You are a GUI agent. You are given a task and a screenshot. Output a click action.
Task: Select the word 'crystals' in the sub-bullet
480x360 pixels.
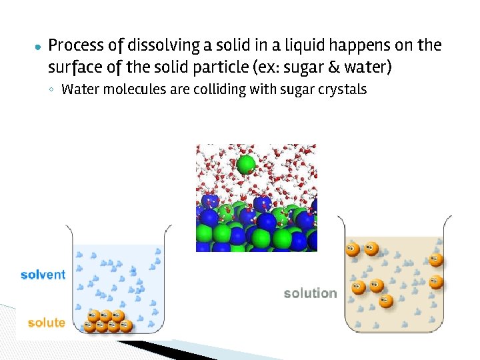tap(339, 89)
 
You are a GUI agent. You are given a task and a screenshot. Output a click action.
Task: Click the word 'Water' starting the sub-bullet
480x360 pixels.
tap(79, 89)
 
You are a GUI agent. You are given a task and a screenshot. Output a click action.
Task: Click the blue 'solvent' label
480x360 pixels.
tap(43, 275)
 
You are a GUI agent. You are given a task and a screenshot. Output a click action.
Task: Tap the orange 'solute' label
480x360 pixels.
tap(46, 323)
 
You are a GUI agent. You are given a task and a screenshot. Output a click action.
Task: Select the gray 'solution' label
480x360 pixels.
tap(310, 293)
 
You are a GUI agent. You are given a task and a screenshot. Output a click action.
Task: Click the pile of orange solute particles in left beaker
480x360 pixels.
tap(107, 321)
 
